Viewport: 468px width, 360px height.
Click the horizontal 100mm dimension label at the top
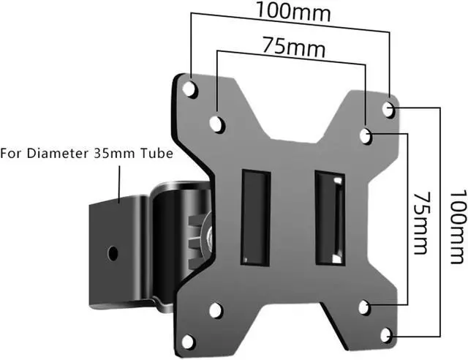[293, 12]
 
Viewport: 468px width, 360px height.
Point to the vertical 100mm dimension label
[458, 227]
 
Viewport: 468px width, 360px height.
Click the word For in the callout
[11, 153]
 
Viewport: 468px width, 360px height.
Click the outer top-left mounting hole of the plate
[189, 89]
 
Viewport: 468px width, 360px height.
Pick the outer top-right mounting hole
[388, 109]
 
